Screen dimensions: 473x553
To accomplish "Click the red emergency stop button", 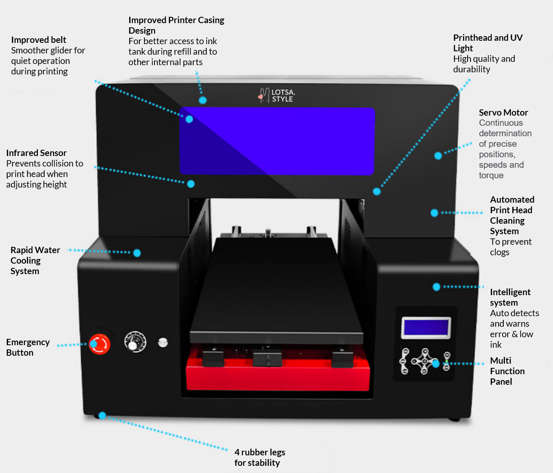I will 99,344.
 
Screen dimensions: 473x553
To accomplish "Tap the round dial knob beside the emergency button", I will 135,342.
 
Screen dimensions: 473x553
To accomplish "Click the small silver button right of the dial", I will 163,342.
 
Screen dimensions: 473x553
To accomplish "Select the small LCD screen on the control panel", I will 426,328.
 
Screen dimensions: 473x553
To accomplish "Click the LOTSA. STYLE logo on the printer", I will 277,95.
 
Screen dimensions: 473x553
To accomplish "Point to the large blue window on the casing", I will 277,141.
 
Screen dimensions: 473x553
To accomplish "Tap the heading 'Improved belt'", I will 39,40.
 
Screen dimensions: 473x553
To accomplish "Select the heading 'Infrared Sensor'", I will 36,153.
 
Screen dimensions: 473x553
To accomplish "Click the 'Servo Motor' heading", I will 503,113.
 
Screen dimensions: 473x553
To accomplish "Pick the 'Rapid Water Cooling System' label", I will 35,261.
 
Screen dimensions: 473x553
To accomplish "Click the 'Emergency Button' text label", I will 28,347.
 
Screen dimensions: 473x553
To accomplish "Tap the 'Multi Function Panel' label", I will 507,371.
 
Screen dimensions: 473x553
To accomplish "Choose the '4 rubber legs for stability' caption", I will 260,457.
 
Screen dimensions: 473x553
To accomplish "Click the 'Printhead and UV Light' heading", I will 487,43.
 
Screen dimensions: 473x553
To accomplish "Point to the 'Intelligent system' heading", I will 510,297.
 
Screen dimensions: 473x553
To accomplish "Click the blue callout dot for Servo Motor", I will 438,156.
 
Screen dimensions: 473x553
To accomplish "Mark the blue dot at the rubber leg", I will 102,415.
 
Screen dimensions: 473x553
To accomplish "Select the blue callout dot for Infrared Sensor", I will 191,184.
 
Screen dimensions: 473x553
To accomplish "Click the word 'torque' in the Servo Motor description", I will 491,175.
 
